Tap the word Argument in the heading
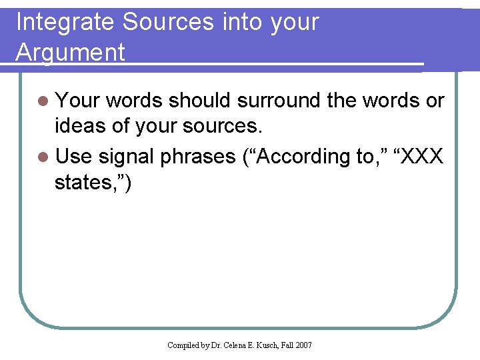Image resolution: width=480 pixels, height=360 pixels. coord(70,52)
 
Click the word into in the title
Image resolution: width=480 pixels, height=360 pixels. coord(243,23)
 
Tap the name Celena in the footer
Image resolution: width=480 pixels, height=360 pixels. coord(236,345)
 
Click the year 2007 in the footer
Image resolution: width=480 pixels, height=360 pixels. coord(303,345)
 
